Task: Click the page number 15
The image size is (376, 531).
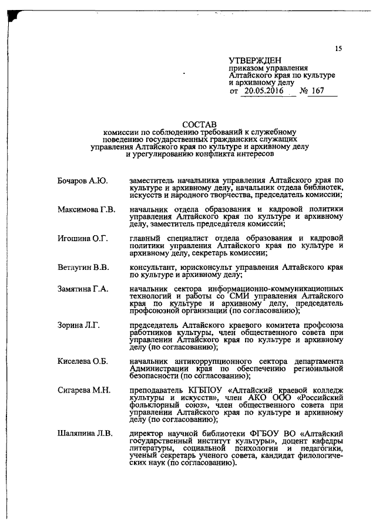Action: coord(338,49)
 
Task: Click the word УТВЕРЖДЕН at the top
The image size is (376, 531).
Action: coord(255,60)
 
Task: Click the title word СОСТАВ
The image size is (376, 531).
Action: coord(199,124)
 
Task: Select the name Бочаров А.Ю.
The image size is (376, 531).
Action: coord(82,180)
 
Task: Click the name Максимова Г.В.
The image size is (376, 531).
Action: coord(86,209)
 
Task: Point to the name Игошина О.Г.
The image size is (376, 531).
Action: coord(83,238)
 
